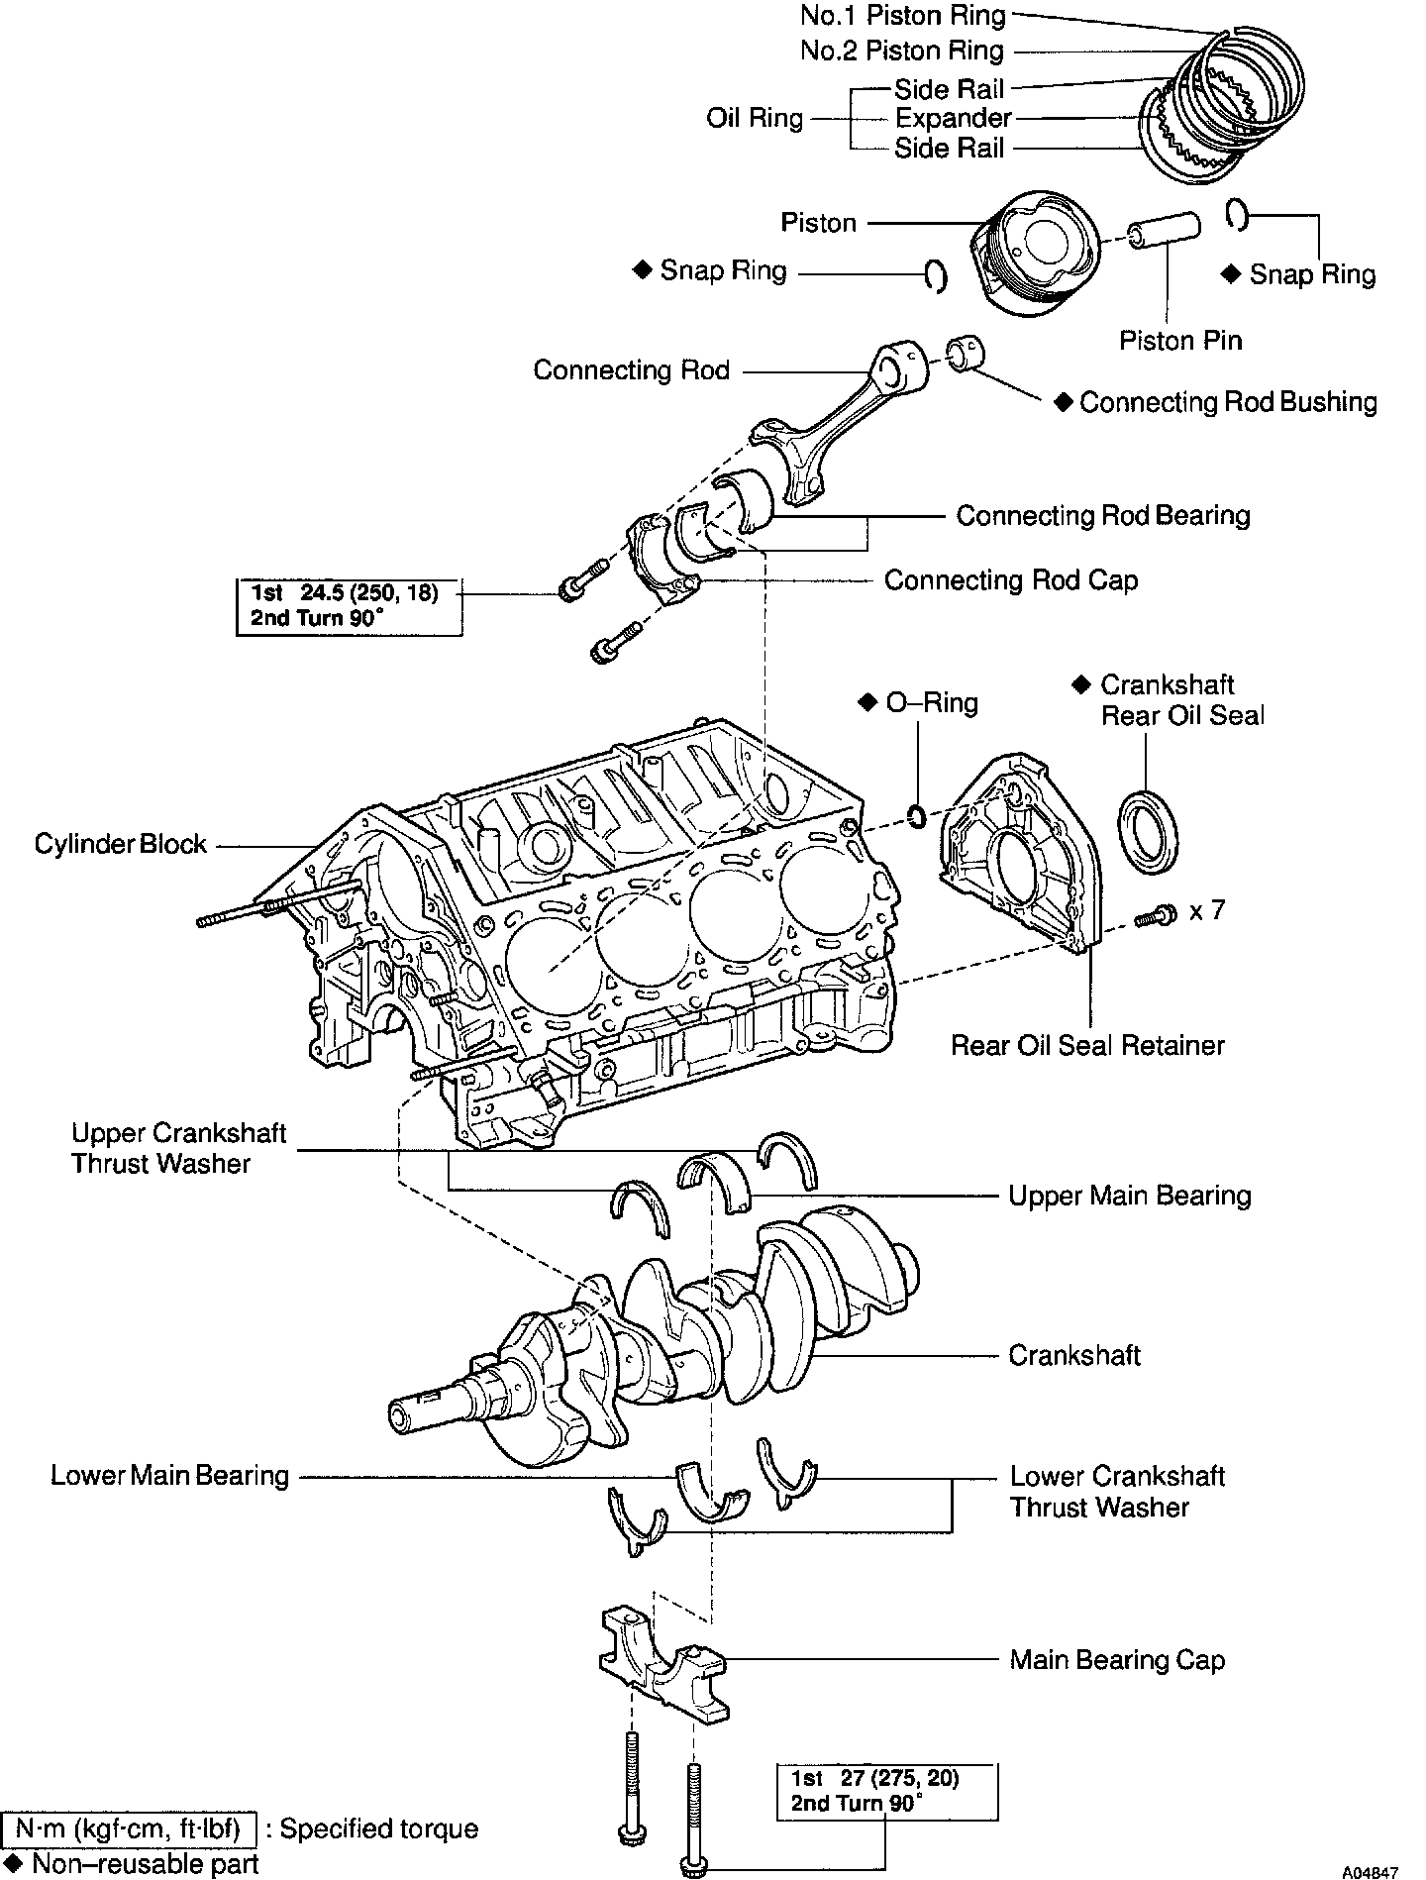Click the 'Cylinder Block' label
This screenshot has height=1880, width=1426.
click(120, 845)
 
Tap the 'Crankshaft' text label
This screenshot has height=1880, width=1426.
click(1074, 1355)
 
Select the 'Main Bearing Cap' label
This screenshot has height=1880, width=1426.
click(1117, 1660)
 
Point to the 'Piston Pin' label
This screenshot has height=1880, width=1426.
click(1180, 341)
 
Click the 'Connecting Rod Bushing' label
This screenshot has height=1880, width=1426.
click(1228, 402)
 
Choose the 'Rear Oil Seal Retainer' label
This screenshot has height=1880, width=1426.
click(1087, 1045)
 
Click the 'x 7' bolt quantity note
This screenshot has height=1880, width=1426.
click(1206, 909)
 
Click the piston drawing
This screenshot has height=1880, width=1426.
click(1035, 252)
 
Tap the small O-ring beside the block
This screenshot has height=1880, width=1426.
click(917, 817)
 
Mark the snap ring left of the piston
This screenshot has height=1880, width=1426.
click(935, 276)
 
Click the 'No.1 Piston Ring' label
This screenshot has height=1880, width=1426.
click(903, 16)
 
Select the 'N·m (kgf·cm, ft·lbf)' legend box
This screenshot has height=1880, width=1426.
click(129, 1828)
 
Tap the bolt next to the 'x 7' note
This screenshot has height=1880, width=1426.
click(1155, 916)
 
